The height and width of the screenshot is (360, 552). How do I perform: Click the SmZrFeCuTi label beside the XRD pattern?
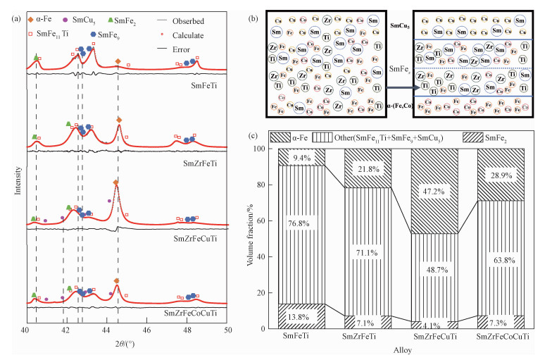point(198,238)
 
